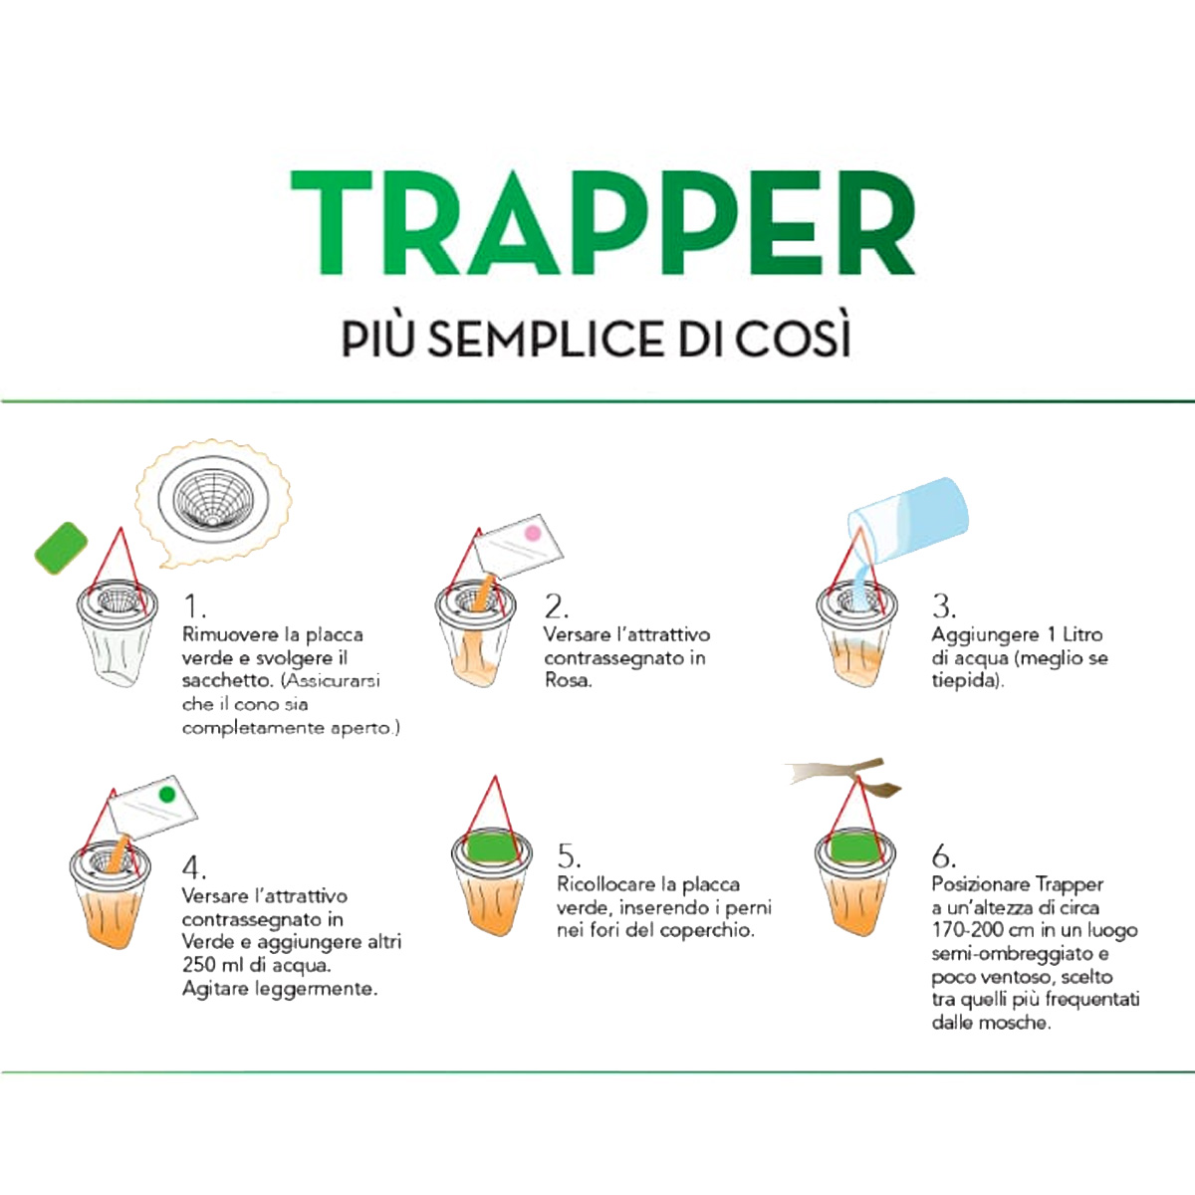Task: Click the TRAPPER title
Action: point(601,224)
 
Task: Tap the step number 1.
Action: point(193,606)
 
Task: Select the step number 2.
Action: point(556,606)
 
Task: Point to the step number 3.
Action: point(943,606)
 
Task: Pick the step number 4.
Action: point(193,867)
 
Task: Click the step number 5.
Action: point(568,856)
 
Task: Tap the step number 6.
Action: point(943,856)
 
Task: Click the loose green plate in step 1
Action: point(61,548)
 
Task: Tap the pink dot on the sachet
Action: point(533,534)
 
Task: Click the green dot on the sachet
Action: point(166,794)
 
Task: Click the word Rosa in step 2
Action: point(568,681)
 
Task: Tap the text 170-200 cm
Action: point(982,931)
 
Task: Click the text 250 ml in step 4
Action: point(214,965)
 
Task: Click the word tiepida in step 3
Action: point(965,681)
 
